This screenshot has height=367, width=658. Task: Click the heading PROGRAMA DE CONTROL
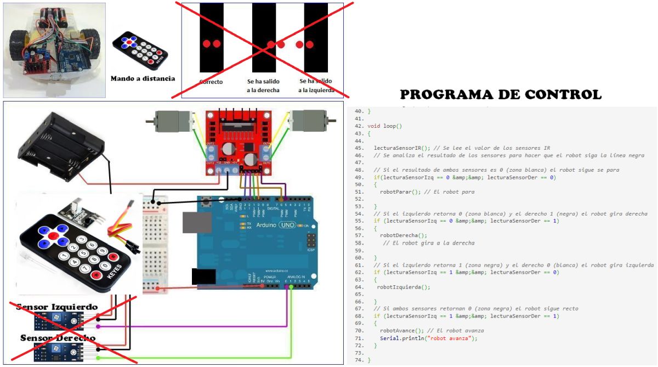[x=501, y=94]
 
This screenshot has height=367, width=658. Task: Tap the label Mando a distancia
[x=143, y=78]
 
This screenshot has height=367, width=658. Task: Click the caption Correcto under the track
[x=211, y=82]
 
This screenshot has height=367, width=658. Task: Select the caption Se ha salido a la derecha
[x=263, y=85]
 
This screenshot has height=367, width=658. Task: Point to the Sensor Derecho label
[x=58, y=337]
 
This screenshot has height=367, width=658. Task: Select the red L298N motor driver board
[x=238, y=142]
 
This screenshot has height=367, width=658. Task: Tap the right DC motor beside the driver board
[x=308, y=118]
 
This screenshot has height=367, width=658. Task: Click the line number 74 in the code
[x=359, y=360]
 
